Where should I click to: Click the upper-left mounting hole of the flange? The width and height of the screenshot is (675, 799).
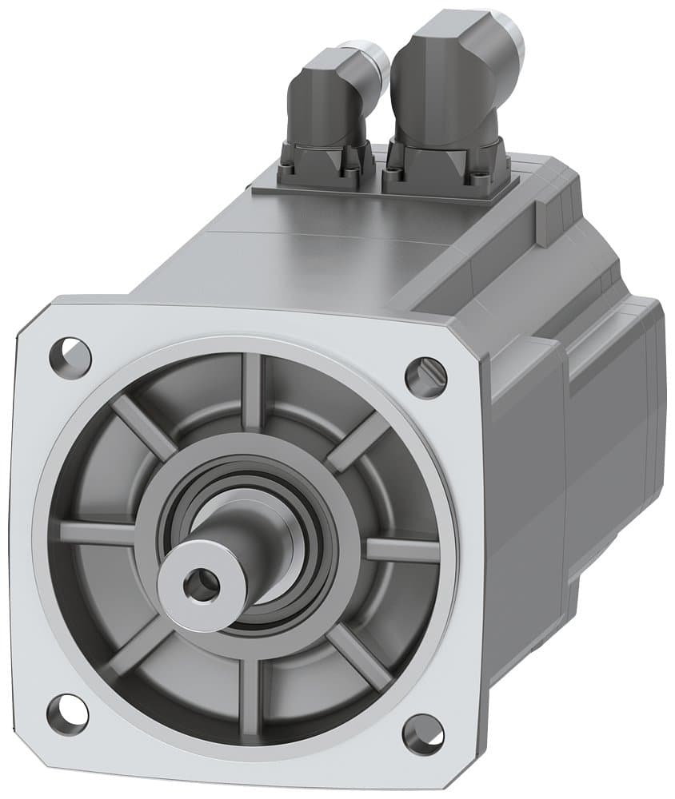coord(70,352)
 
